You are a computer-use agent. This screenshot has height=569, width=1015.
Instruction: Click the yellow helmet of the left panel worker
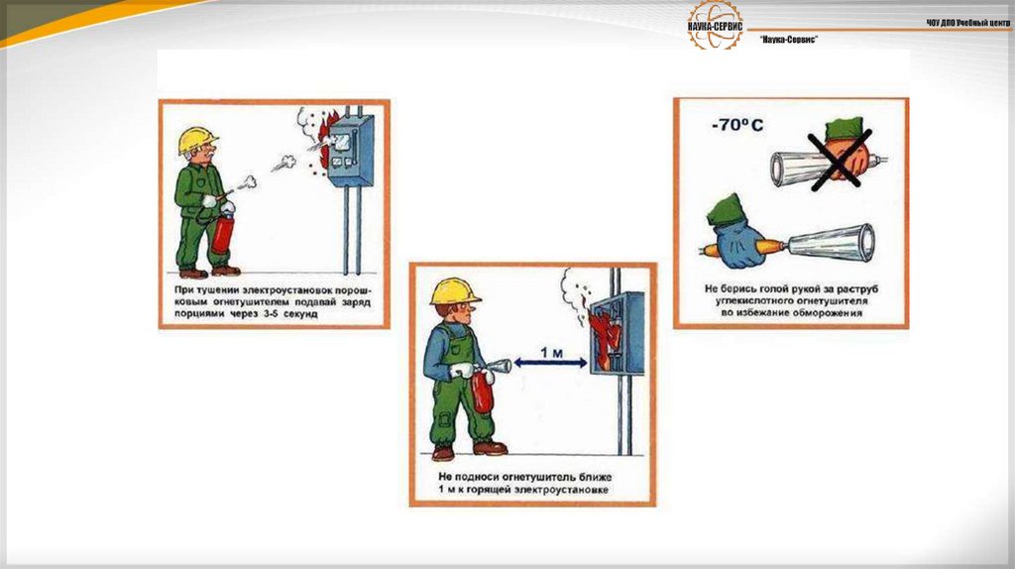tap(197, 140)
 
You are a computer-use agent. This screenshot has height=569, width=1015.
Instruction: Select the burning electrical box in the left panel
tap(350, 151)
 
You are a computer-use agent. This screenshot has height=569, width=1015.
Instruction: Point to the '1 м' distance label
tap(552, 352)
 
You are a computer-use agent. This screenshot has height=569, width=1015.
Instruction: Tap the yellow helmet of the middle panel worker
tap(454, 290)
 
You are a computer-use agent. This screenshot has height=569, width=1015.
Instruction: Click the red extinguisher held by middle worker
tap(483, 390)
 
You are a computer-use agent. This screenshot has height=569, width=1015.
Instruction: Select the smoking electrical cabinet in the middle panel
tap(617, 332)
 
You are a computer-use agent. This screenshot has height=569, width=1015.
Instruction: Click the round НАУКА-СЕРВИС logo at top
tap(715, 24)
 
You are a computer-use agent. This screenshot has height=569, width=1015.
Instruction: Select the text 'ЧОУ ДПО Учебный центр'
tap(968, 22)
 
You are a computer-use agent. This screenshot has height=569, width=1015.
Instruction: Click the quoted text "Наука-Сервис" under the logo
tap(788, 38)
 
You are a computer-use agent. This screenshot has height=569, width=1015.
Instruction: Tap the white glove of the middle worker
tap(462, 371)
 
